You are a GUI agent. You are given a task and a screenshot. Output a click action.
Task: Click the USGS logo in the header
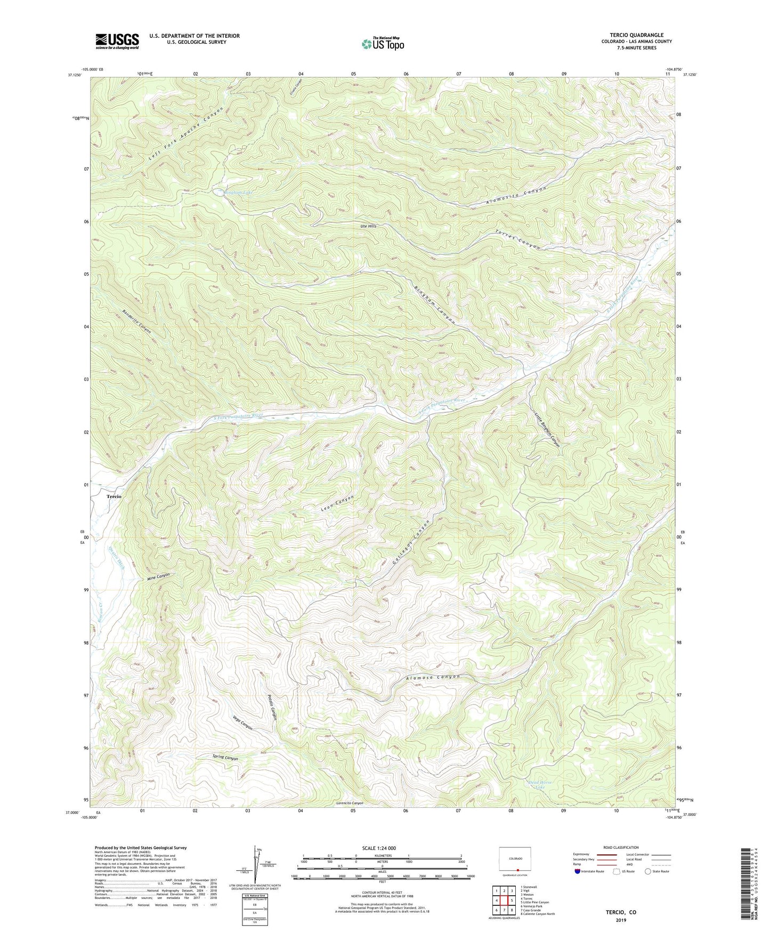117,41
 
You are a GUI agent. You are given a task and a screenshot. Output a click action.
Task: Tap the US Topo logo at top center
383,44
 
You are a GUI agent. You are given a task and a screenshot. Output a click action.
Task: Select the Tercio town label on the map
114,496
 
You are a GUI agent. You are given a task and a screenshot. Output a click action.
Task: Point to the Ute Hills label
368,226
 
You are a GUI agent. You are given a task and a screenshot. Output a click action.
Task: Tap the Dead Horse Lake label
540,784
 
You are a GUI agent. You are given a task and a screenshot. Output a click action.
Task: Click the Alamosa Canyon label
432,678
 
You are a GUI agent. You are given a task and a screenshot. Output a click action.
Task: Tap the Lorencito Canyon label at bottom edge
350,803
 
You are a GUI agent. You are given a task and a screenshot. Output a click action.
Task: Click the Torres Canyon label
517,240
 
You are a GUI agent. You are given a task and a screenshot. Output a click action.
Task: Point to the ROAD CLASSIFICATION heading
621,847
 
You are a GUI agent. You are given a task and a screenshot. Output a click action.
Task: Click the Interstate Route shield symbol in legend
578,871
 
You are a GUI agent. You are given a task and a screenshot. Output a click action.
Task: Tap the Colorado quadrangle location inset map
515,860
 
